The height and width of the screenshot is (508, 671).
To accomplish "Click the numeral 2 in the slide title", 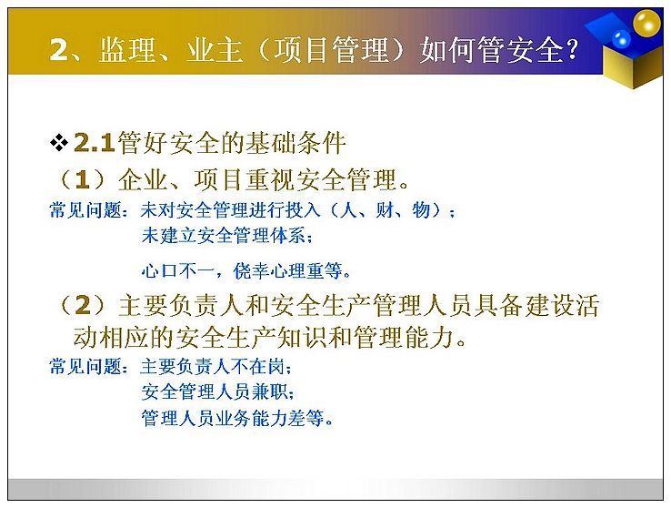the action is tap(59, 49).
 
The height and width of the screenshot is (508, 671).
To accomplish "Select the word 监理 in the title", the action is tap(127, 49).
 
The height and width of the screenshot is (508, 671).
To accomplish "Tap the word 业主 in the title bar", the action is tap(215, 49).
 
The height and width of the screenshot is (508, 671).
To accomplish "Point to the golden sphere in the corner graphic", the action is tap(646, 23).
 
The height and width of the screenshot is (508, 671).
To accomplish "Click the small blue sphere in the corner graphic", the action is tap(621, 39).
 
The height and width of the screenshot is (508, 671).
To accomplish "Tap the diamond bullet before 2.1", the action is tap(58, 143).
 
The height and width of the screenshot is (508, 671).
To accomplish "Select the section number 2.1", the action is tap(95, 143).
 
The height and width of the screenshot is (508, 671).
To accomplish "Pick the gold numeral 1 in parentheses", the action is tap(82, 180).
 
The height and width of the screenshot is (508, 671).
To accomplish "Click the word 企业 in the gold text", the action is tap(144, 180).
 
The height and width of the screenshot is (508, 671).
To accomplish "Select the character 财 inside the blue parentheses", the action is tap(385, 210).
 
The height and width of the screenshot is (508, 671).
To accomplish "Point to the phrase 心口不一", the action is tap(178, 270).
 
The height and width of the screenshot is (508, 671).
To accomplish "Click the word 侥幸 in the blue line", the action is tap(251, 270).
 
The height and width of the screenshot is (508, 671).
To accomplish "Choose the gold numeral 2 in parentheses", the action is tap(83, 305).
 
